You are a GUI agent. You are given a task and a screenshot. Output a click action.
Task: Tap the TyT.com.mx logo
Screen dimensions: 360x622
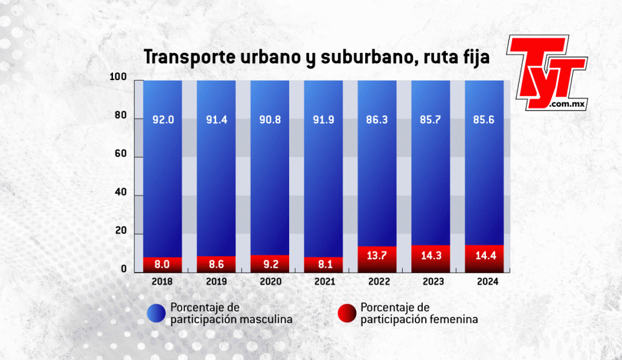547,73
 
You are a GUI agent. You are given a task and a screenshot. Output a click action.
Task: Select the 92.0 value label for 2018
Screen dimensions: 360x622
163,120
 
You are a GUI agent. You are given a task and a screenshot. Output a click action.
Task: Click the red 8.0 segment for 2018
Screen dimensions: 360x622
163,265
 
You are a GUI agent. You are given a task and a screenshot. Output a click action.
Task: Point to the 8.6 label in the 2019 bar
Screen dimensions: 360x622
216,265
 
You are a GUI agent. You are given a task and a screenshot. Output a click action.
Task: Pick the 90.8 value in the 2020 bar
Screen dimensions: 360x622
270,120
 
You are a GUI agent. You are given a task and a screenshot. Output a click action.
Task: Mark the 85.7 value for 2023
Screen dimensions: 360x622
431,120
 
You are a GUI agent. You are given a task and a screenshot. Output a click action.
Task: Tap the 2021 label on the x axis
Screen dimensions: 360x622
323,282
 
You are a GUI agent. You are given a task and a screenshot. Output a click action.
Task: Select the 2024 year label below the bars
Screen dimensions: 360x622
484,282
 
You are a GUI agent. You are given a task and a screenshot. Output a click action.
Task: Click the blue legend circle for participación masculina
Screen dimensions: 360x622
155,313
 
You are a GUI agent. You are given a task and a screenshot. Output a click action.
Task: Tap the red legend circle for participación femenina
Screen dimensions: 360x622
346,313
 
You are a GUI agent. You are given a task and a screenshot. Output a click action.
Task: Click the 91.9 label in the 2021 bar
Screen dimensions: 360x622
323,120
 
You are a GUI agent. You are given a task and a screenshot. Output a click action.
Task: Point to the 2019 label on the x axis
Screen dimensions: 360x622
216,282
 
